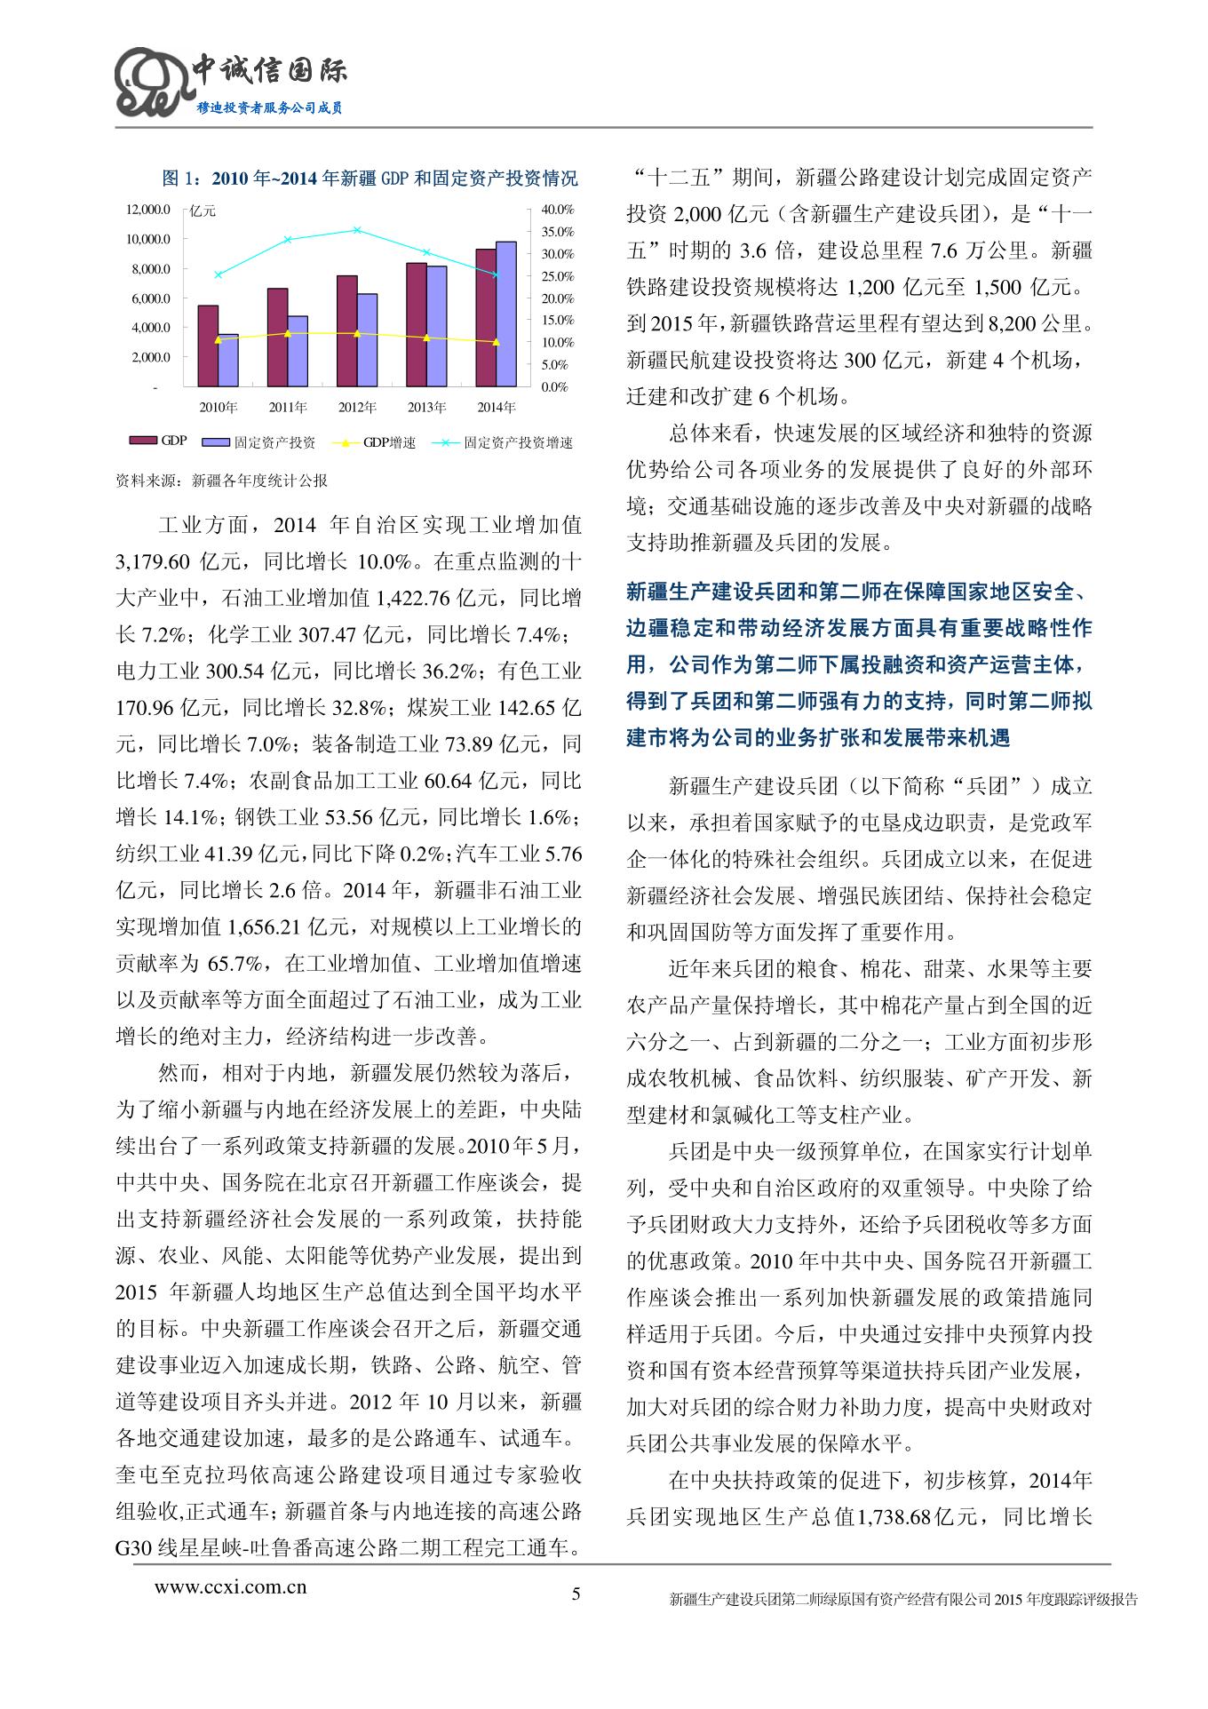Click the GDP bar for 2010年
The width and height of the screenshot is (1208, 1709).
208,346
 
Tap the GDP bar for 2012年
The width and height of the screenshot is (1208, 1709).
346,330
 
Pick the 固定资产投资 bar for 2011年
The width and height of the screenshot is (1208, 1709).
298,351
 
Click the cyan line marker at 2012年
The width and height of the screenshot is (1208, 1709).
357,230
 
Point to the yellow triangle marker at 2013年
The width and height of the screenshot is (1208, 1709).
426,338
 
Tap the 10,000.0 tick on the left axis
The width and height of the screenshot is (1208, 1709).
147,239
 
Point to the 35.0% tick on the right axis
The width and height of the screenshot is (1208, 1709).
558,232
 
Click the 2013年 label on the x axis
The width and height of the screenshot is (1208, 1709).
426,408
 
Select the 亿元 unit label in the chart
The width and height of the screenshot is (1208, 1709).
203,211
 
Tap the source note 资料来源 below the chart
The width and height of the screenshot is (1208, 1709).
222,481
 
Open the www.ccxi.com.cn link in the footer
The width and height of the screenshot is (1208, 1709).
231,1586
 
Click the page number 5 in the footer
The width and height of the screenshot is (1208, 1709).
576,1593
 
